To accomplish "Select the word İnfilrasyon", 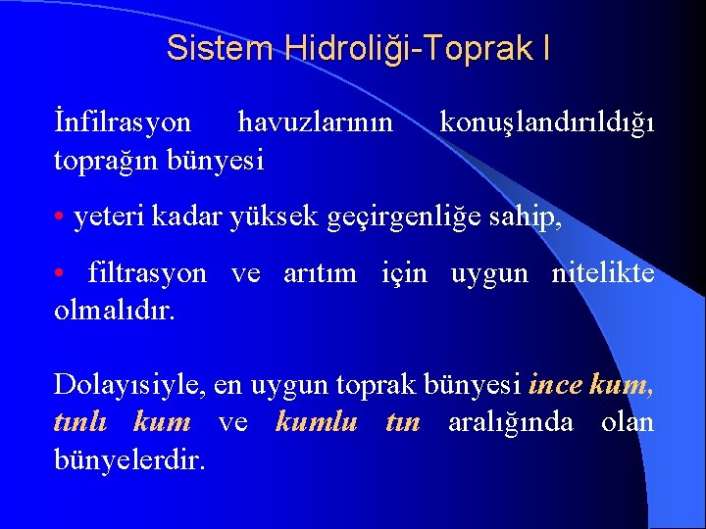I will pos(123,122).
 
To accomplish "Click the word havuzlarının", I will pos(316,122).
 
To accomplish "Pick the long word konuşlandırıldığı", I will pos(547,122).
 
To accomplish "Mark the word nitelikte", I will pos(601,273).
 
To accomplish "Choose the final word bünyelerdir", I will pos(129,459).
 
